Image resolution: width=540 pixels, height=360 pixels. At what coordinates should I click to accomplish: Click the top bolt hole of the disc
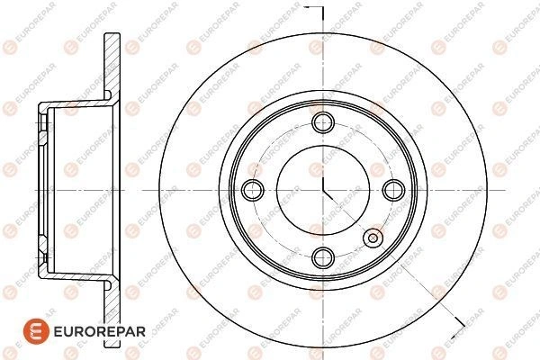click(x=323, y=122)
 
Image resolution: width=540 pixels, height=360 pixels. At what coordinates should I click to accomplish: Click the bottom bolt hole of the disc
click(x=323, y=257)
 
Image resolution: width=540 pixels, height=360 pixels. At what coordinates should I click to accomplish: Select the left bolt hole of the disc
click(x=253, y=190)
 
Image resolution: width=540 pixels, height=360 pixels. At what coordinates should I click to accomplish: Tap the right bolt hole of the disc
click(x=393, y=190)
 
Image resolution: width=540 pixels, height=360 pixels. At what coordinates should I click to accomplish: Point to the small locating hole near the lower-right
click(x=373, y=238)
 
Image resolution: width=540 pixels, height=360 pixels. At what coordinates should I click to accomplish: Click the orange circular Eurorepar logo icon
click(x=36, y=331)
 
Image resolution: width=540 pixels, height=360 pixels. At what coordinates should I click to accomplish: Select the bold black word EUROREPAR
click(x=100, y=331)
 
